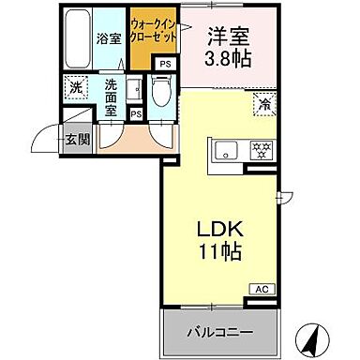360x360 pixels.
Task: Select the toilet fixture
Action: (160, 91)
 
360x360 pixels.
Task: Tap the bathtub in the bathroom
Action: (79, 37)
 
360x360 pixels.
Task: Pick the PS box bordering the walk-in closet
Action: (165, 63)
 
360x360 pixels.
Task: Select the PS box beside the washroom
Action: (136, 113)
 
